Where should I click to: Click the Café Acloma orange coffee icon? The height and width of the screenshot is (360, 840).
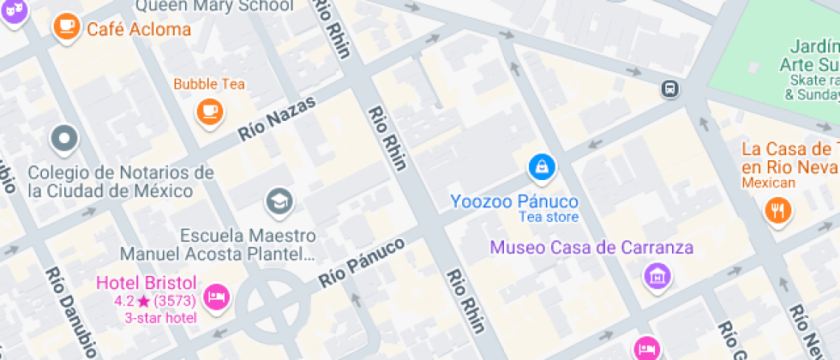(x=65, y=27)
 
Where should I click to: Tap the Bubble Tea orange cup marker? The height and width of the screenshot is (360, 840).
(x=208, y=111)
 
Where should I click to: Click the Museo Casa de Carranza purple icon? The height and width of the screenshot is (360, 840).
(x=657, y=275)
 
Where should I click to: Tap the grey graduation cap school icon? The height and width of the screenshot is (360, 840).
(x=279, y=202)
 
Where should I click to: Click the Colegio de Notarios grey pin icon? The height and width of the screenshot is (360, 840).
(x=64, y=137)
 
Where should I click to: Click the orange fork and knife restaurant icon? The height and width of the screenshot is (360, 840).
(x=778, y=210)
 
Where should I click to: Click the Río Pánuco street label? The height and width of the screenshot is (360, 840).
(x=361, y=262)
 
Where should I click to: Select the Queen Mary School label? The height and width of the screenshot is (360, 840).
(x=214, y=6)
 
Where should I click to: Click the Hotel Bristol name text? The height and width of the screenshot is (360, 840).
(x=146, y=283)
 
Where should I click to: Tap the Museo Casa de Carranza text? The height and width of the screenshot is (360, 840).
(x=591, y=249)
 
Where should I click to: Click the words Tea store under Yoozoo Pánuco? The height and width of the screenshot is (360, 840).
(x=549, y=218)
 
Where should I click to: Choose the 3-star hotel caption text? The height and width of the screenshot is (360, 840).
(x=160, y=317)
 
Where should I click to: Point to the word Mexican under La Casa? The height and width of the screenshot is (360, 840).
(x=768, y=183)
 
